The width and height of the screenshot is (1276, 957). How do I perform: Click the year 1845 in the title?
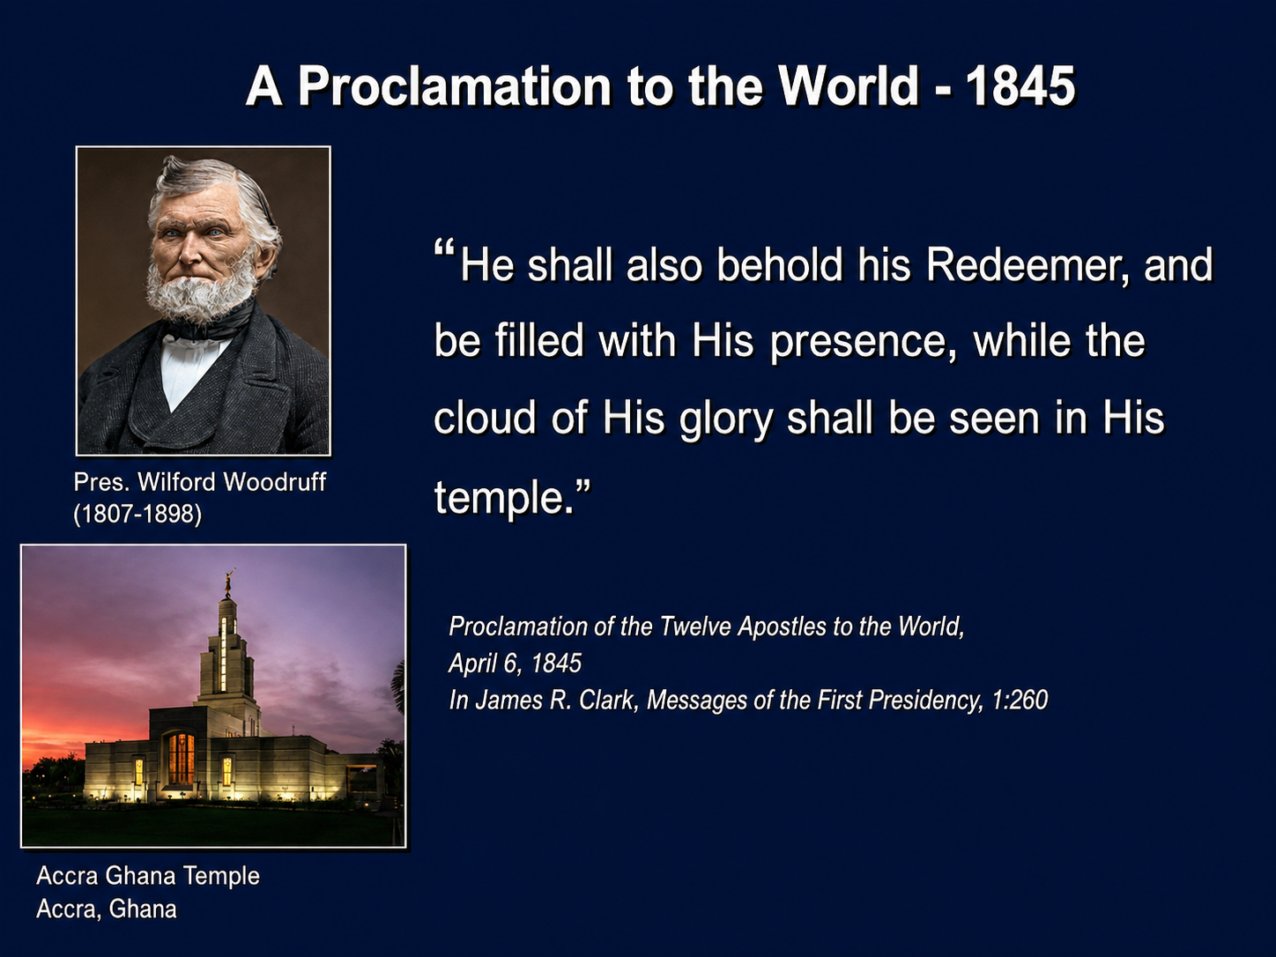pyautogui.click(x=1020, y=86)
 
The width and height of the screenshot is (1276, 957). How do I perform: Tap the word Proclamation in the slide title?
pyautogui.click(x=455, y=86)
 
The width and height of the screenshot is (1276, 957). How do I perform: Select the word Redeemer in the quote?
pyautogui.click(x=1027, y=265)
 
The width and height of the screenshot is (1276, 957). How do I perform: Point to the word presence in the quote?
pyautogui.click(x=864, y=343)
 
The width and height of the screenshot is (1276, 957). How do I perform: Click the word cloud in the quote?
pyautogui.click(x=485, y=418)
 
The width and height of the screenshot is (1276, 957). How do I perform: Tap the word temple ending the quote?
pyautogui.click(x=499, y=498)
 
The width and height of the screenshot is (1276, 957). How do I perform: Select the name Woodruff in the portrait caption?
pyautogui.click(x=274, y=482)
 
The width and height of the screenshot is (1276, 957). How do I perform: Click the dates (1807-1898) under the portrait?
pyautogui.click(x=137, y=514)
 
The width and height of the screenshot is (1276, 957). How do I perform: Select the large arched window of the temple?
pyautogui.click(x=181, y=758)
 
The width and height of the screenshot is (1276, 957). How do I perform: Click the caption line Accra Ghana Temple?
pyautogui.click(x=148, y=876)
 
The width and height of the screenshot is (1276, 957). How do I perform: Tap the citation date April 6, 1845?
pyautogui.click(x=515, y=664)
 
